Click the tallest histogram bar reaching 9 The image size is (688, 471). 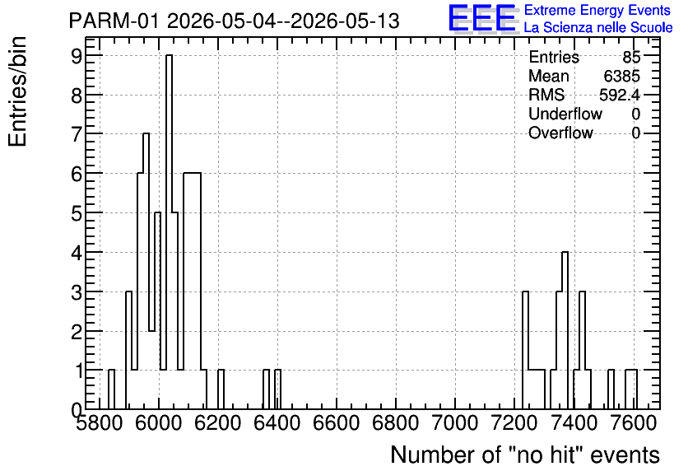(x=169, y=231)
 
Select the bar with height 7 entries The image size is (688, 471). (x=146, y=271)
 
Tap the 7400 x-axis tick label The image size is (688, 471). (x=574, y=423)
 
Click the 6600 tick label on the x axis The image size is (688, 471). (x=337, y=423)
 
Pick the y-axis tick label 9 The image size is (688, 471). (x=77, y=55)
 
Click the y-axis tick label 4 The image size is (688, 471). (x=77, y=253)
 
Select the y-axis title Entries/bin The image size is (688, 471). (x=17, y=91)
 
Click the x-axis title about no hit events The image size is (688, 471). (x=525, y=455)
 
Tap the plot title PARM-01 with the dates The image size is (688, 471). (x=235, y=21)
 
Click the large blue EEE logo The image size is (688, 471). (x=482, y=18)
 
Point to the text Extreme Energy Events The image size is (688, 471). (x=597, y=10)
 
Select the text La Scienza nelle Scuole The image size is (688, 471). (x=598, y=27)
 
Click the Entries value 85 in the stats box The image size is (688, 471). (x=631, y=57)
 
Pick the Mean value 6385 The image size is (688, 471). (x=621, y=76)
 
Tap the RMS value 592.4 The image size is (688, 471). (x=620, y=95)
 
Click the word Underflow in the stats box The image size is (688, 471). (x=565, y=114)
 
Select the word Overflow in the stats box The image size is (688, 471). (x=560, y=133)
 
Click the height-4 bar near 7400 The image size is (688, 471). (x=565, y=330)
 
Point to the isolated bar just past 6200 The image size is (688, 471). (x=221, y=389)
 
